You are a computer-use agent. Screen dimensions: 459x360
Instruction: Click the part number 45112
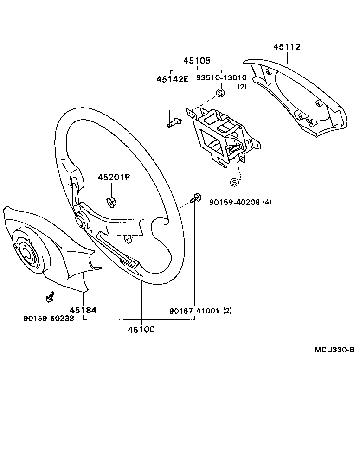(287, 47)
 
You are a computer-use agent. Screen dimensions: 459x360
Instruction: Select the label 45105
(196, 61)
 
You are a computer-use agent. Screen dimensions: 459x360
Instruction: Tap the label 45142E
(172, 79)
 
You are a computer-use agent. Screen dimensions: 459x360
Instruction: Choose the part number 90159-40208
(235, 202)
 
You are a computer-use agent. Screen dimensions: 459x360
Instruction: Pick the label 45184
(84, 310)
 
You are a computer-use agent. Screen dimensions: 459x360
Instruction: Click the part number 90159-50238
(48, 319)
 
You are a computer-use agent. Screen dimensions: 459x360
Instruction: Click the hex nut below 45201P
(111, 201)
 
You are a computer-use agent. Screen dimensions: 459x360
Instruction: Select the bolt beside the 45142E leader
(173, 122)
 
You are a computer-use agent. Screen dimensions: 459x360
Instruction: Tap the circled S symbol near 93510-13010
(220, 93)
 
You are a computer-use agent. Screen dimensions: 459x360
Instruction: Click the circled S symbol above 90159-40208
(235, 181)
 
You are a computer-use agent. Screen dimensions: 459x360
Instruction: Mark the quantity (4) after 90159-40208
(267, 202)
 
